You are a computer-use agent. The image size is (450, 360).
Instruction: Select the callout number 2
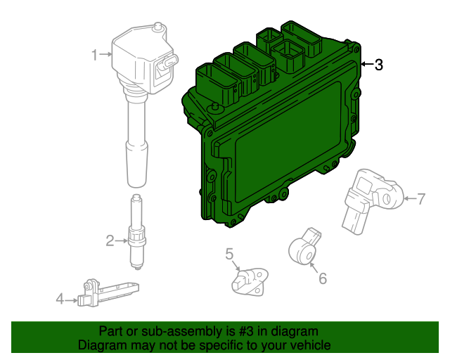[x=110, y=241]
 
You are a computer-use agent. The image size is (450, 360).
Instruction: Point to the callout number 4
[x=60, y=300]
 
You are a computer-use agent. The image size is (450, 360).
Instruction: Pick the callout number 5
[x=229, y=253]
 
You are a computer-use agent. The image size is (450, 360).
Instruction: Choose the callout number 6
[x=323, y=278]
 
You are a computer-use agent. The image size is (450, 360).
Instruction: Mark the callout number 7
[x=421, y=199]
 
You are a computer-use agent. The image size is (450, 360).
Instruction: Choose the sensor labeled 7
[x=369, y=198]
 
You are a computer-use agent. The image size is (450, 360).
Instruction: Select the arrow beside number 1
[x=105, y=53]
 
